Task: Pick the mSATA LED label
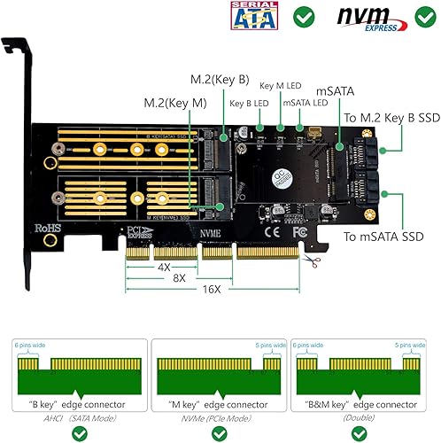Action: (x=304, y=104)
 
